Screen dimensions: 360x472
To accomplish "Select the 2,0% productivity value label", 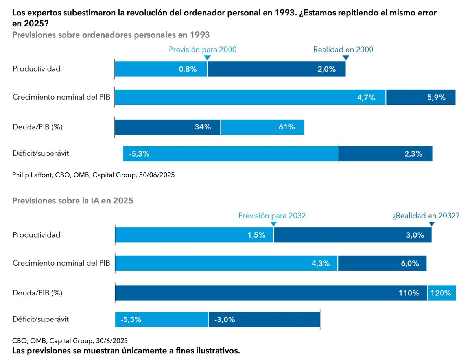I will tap(326, 69).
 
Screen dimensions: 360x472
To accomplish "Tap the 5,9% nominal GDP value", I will tap(436, 98).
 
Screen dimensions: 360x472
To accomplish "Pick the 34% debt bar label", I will tap(203, 127).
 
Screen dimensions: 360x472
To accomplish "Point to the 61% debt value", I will tap(287, 127).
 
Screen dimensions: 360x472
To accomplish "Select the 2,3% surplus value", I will tap(413, 154).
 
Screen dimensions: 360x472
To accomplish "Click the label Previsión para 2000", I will tap(203, 50).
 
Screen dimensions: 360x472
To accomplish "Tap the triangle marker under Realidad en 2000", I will tap(345, 58).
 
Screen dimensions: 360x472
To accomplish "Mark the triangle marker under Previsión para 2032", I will tap(273, 224).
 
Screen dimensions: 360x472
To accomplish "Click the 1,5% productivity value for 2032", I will tap(256, 235).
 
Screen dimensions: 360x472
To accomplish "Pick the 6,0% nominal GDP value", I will tap(410, 264).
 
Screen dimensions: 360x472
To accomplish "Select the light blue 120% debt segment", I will tap(442, 293).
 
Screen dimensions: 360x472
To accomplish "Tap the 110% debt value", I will tap(408, 293).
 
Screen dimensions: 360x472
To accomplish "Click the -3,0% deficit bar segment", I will tap(264, 319).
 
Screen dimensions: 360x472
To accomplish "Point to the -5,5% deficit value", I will tap(131, 319).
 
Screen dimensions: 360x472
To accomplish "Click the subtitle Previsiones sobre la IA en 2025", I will tap(73, 201).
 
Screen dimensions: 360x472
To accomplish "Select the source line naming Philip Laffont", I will tap(94, 175).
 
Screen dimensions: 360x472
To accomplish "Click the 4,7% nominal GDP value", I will tap(365, 98).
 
